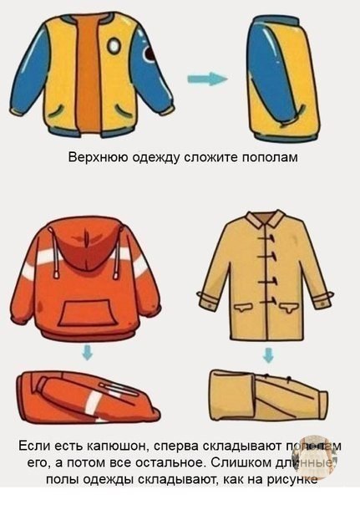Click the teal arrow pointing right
click(206, 79)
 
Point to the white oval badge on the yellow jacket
click(114, 46)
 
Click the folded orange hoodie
click(88, 398)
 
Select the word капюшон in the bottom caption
click(114, 447)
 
